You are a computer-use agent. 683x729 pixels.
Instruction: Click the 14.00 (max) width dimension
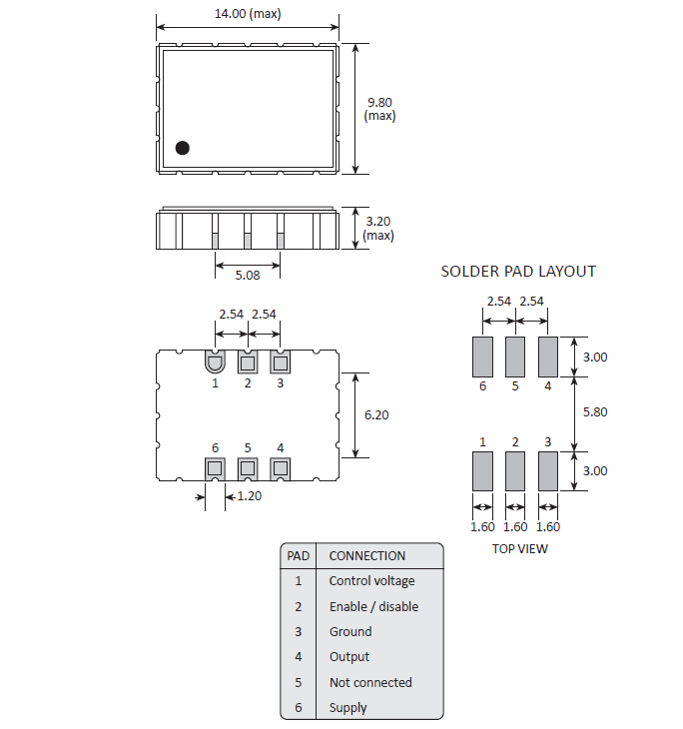247,13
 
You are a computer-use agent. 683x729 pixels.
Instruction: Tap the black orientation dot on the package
182,148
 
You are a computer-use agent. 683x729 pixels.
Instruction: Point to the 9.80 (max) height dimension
380,108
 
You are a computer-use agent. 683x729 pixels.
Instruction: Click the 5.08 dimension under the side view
248,274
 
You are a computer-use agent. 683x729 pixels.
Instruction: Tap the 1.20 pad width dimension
248,496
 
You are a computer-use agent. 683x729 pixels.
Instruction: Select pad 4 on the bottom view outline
280,467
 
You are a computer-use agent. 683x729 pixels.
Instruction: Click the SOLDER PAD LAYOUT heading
518,271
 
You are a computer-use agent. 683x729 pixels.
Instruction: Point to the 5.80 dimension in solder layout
593,411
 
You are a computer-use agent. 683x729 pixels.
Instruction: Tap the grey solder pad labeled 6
482,356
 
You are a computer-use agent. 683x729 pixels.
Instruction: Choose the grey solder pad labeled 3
547,470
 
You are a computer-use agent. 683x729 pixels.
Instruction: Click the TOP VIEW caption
519,547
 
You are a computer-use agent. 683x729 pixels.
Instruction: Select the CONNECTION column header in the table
366,555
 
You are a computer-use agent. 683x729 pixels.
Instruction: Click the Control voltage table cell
371,581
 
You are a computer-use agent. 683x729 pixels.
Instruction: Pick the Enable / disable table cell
373,606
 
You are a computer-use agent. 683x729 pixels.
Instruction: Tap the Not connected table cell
369,682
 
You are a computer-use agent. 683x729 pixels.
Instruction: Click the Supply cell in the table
347,708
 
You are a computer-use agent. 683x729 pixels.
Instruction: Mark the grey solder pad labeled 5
515,356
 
